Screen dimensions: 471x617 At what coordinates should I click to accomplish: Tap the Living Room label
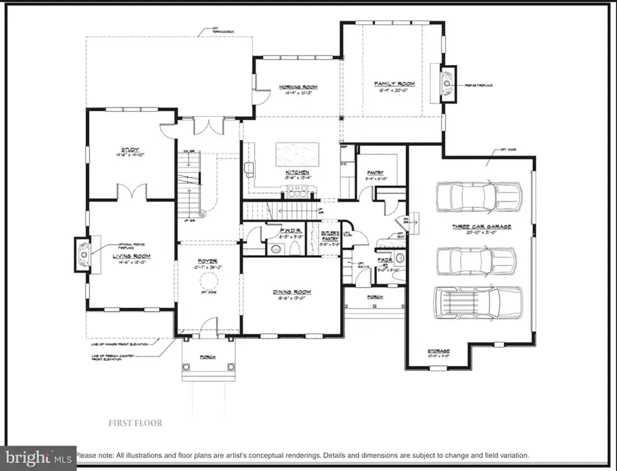click(x=132, y=256)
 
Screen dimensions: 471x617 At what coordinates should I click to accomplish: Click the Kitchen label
click(x=298, y=172)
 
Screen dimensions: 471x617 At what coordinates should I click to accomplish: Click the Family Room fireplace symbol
click(x=447, y=84)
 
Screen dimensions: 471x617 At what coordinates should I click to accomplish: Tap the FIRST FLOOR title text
click(x=135, y=423)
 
